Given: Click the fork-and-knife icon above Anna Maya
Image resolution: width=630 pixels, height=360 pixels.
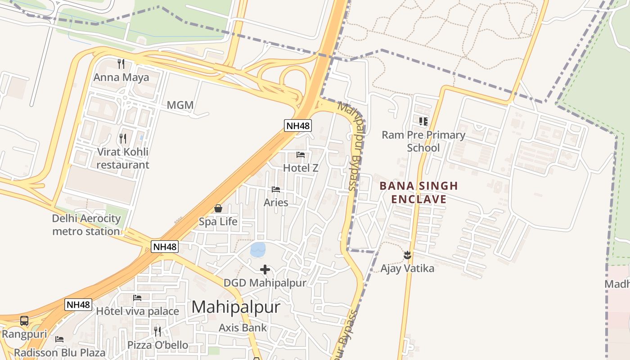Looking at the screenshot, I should [121, 63].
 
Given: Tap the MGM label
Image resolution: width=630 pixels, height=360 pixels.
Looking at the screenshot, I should [180, 105].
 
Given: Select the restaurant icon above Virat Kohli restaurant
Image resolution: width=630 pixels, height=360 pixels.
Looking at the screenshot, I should [122, 138].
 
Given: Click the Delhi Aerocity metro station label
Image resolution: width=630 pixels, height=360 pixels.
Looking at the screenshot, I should [86, 225].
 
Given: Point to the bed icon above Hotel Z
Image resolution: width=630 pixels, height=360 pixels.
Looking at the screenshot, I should [301, 155].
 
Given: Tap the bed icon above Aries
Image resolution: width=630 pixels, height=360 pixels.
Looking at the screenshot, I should [276, 189].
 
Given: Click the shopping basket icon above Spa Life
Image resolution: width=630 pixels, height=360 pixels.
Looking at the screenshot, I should [218, 208].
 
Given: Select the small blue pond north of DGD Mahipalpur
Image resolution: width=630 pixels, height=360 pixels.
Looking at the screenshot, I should [258, 249].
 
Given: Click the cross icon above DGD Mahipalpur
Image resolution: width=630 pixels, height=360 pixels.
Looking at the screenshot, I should [265, 270].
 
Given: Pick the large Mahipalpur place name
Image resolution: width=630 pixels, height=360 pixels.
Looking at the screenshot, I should [236, 307].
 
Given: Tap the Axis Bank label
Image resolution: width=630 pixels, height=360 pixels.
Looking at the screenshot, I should [243, 328].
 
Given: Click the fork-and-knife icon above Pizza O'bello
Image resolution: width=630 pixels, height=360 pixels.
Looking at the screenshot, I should [157, 332].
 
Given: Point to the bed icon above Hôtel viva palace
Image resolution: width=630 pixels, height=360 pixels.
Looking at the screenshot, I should [137, 298].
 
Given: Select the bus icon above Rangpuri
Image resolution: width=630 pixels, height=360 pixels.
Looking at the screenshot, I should [24, 321].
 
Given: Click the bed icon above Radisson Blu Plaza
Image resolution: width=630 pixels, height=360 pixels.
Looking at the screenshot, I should [59, 339].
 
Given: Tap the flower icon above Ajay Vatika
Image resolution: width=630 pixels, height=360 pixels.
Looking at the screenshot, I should [407, 255].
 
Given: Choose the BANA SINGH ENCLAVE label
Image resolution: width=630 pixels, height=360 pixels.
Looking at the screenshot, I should [418, 192].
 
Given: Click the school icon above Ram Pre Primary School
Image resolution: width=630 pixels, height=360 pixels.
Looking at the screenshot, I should [423, 121].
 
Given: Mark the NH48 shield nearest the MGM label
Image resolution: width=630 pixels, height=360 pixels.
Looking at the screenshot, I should [298, 126].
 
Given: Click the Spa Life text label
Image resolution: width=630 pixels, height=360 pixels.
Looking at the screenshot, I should [218, 221].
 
